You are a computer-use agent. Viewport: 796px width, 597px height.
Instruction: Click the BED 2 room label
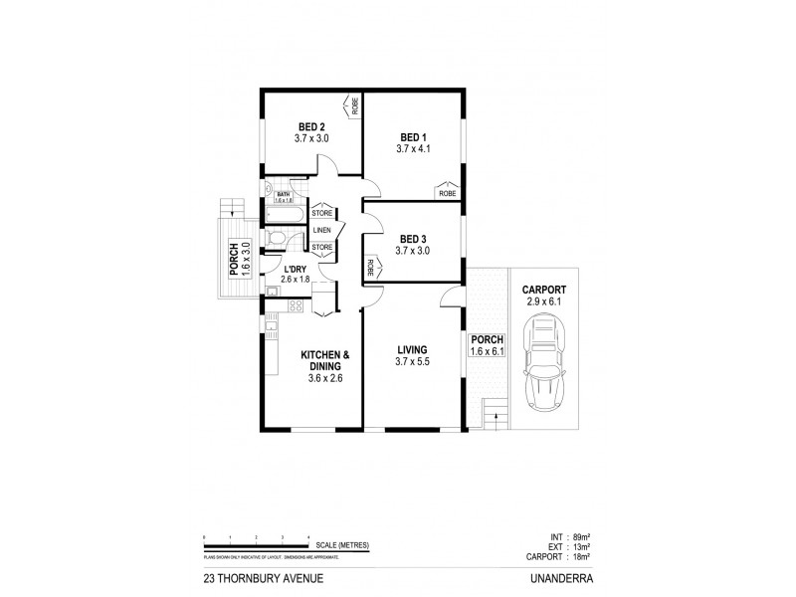point(311,126)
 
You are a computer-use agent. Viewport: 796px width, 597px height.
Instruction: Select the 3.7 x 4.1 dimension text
point(412,148)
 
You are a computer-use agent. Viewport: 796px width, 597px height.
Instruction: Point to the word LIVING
point(412,349)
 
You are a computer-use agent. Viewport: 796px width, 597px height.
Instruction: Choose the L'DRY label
point(295,269)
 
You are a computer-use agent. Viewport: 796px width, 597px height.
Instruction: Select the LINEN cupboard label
point(322,230)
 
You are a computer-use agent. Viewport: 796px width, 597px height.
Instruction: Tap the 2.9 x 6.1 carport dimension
point(543,300)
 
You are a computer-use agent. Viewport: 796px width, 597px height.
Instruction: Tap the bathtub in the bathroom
point(289,213)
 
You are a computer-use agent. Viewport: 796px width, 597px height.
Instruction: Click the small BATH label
point(282,194)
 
